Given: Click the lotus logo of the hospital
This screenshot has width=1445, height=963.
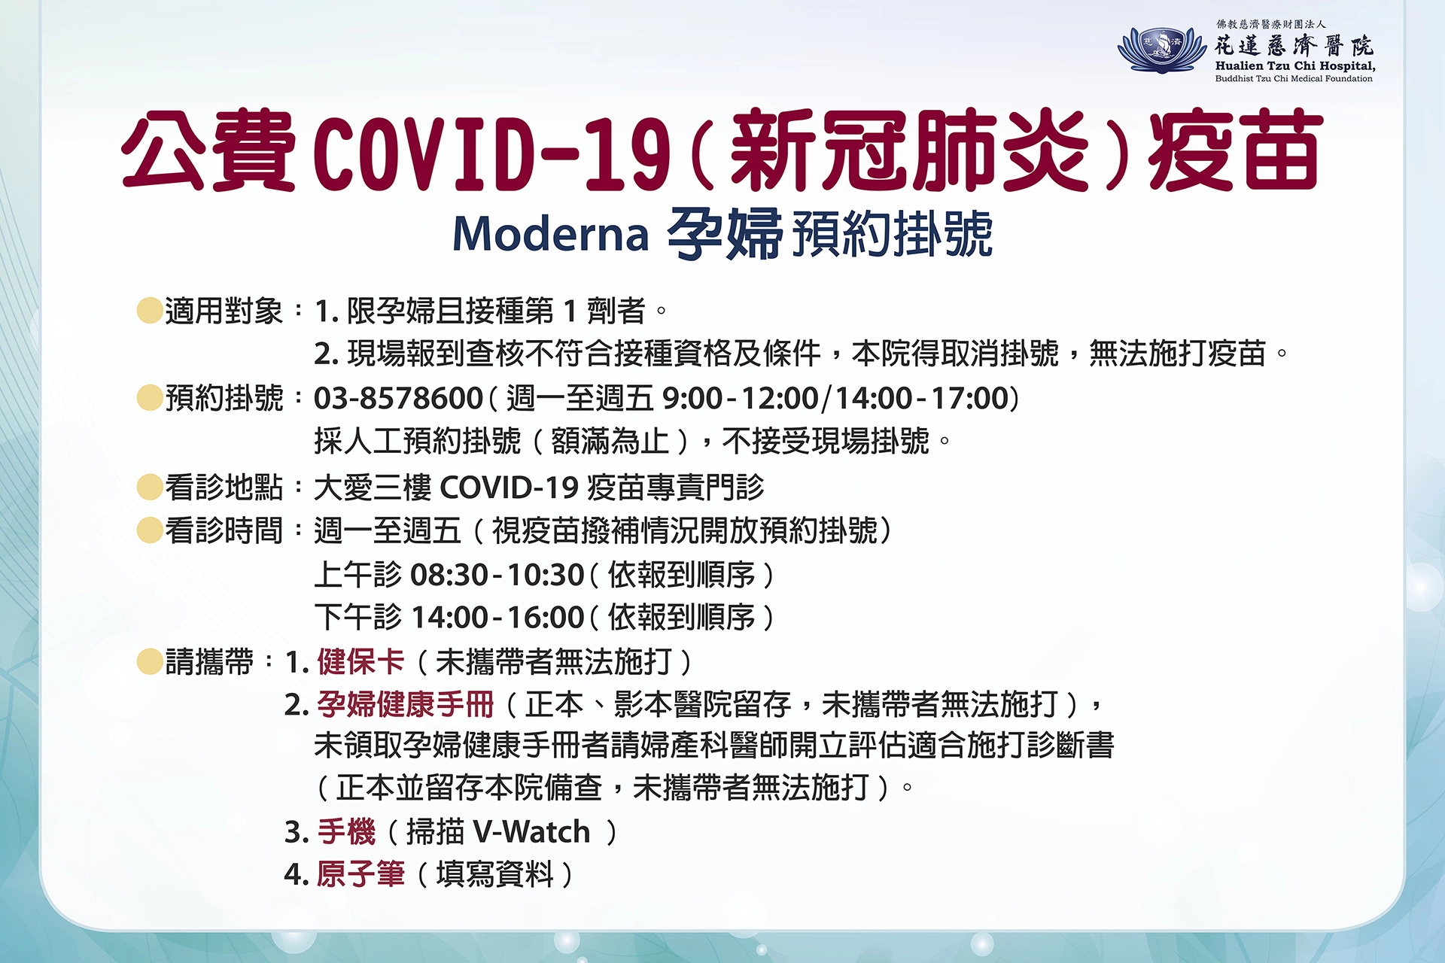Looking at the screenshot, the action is (x=1162, y=50).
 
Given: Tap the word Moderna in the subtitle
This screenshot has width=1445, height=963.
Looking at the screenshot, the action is (x=550, y=234).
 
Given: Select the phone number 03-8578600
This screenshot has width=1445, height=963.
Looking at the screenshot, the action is (x=398, y=398).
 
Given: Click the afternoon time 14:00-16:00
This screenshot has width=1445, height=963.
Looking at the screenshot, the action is (x=497, y=618).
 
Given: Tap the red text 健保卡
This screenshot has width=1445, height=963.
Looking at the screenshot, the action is (x=360, y=662).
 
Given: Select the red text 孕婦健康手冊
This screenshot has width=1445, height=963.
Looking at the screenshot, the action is (x=405, y=704).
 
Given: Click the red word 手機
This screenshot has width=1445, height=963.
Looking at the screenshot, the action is (x=345, y=832).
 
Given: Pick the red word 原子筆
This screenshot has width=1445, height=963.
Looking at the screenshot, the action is (x=360, y=874).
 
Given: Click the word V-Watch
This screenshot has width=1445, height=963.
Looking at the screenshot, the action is (x=532, y=832).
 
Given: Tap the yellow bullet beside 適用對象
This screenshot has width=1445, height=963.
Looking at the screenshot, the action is (x=150, y=310).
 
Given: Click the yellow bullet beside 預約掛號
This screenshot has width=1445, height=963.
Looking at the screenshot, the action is (x=150, y=398).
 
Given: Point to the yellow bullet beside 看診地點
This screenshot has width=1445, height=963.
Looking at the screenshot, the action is (x=150, y=487).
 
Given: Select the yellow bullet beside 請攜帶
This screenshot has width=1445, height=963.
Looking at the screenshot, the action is (x=150, y=662).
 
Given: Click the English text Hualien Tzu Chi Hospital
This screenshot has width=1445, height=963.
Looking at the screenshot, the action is (x=1295, y=65).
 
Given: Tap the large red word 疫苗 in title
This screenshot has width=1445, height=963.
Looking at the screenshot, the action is (x=1235, y=150).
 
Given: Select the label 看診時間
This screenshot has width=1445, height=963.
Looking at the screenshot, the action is (x=224, y=531).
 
